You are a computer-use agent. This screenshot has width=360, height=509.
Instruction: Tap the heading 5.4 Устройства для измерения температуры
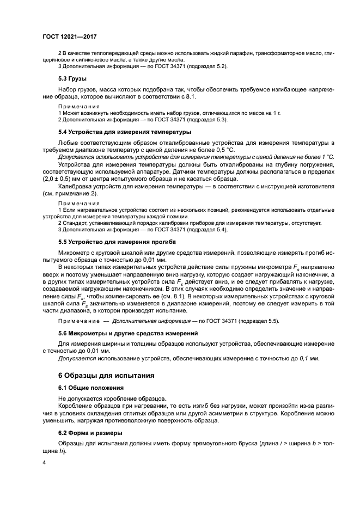124,132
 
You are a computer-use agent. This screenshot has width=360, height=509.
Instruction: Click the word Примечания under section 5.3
78,106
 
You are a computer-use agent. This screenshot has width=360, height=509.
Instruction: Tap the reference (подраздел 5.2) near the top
208,66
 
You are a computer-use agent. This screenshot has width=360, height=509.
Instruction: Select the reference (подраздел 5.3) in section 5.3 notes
207,119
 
